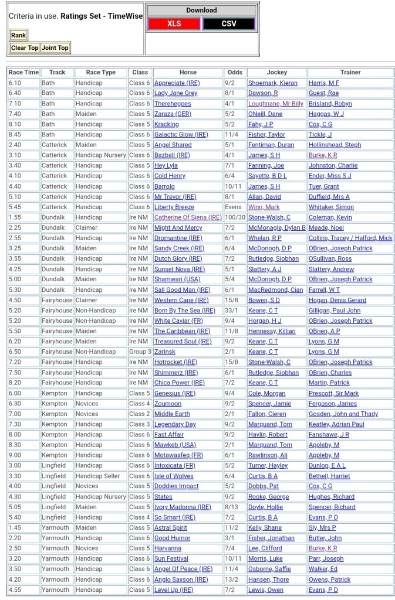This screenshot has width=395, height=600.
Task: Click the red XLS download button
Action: [x=174, y=23]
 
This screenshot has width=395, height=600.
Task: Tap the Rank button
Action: [x=18, y=35]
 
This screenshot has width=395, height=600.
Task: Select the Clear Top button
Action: [x=25, y=48]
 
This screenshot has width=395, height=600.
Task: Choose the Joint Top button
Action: [x=55, y=48]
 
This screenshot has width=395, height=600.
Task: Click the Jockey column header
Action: [x=277, y=73]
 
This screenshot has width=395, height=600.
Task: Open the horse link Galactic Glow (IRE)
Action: [x=181, y=135]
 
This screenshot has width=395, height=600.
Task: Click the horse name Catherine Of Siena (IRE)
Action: [x=188, y=217]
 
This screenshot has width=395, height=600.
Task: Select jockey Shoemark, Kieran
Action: [x=272, y=83]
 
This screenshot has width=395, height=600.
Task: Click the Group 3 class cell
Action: [x=140, y=352]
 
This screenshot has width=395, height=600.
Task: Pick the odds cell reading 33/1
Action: [x=232, y=311]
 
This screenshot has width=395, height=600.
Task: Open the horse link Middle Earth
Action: [x=172, y=414]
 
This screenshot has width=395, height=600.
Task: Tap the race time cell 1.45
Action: [x=15, y=528]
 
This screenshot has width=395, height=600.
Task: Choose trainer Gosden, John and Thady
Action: [x=343, y=414]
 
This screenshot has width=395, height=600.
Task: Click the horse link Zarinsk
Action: [x=165, y=352]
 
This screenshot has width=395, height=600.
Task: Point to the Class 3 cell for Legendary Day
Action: [x=140, y=424]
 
